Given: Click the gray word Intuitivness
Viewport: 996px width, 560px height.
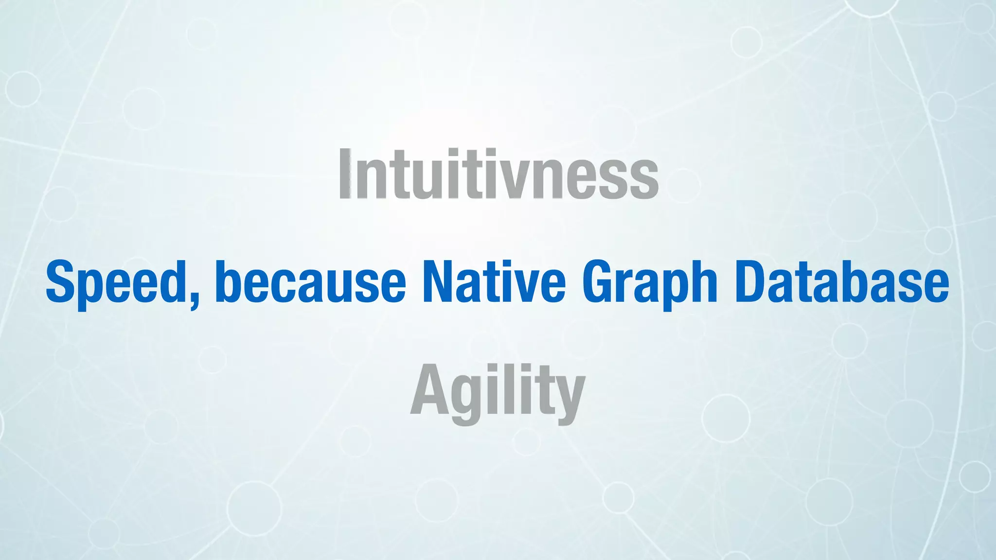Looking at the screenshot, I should click(498, 174).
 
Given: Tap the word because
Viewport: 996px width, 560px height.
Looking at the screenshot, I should click(310, 282).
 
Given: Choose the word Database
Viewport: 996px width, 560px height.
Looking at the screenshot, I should click(841, 282).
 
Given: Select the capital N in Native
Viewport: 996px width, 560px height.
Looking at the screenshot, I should click(440, 282).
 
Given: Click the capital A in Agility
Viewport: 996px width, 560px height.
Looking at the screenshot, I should click(430, 391).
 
